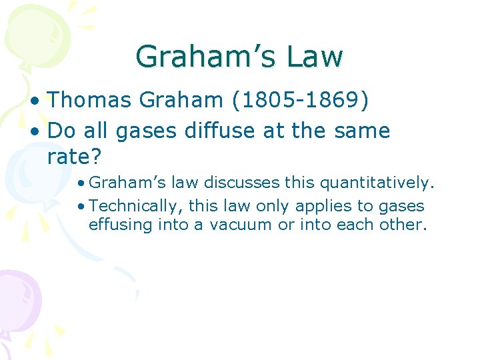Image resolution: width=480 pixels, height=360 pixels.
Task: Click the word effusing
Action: point(121,225)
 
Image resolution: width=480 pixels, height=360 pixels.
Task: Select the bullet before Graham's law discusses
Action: point(80,183)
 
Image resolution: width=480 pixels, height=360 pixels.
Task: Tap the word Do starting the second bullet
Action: point(59,131)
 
